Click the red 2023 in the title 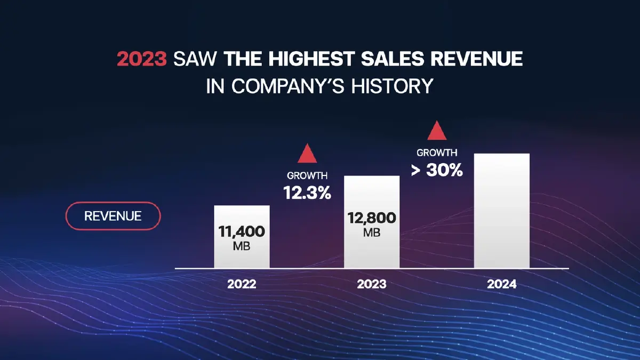click(x=142, y=59)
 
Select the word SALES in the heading click(x=354, y=59)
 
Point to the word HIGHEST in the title click(x=285, y=59)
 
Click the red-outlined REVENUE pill click(x=113, y=216)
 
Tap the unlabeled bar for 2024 click(x=502, y=211)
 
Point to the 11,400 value click(x=242, y=232)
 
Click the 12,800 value click(x=372, y=218)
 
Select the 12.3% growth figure click(x=307, y=193)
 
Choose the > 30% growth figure click(x=437, y=171)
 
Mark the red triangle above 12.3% click(x=307, y=154)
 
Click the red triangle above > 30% click(x=437, y=131)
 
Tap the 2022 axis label click(x=242, y=284)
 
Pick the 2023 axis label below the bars click(x=372, y=284)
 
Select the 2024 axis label click(x=502, y=284)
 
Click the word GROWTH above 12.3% click(x=307, y=175)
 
